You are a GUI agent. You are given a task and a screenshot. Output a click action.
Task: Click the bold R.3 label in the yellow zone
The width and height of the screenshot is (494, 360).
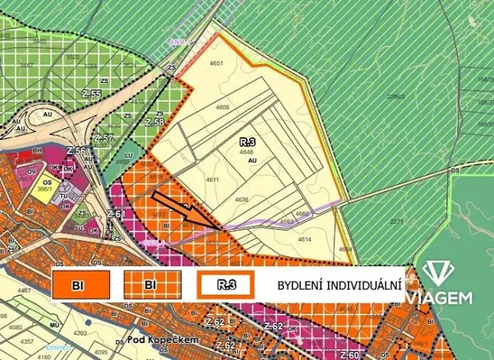pyautogui.click(x=247, y=142)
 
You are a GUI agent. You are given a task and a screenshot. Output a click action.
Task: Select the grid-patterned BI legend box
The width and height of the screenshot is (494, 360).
pyautogui.click(x=151, y=285)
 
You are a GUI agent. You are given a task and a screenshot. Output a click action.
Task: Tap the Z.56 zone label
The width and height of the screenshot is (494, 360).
pyautogui.click(x=75, y=150)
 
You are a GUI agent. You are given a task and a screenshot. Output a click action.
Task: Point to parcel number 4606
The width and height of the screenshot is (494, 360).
pyautogui.click(x=222, y=107)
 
